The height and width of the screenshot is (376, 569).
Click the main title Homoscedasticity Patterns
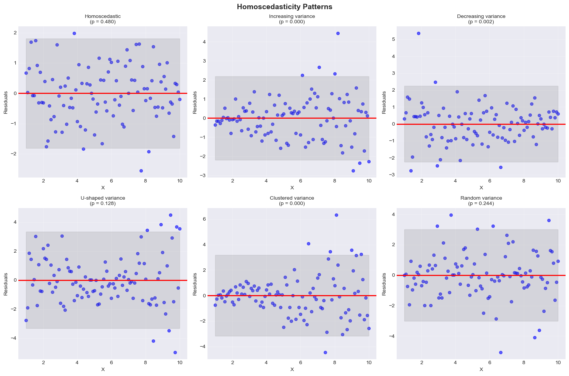pos(284,6)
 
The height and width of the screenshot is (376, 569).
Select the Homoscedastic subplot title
pos(103,16)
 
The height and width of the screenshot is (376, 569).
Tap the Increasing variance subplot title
pos(292,16)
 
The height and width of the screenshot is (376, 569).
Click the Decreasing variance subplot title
pos(481,16)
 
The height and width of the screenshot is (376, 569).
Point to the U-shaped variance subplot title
pos(103,198)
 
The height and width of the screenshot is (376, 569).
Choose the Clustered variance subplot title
pos(292,198)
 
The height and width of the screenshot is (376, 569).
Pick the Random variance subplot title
pos(481,198)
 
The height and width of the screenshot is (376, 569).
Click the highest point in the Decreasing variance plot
pos(418,33)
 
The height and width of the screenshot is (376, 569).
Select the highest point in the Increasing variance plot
pos(338,33)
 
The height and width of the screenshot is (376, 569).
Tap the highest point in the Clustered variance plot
pos(336,215)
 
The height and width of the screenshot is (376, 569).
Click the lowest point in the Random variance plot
pos(501,352)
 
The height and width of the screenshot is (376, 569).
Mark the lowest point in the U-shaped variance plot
pos(175,352)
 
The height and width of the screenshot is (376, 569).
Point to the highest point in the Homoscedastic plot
pos(74,33)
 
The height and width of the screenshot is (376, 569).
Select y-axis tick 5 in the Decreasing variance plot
pos(393,39)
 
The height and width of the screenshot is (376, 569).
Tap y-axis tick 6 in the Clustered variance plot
pos(204,219)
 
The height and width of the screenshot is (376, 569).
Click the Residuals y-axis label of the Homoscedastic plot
pos(6,102)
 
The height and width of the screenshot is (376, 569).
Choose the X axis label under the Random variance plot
pos(481,370)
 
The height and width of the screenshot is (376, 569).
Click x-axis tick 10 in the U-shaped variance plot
pos(180,363)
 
